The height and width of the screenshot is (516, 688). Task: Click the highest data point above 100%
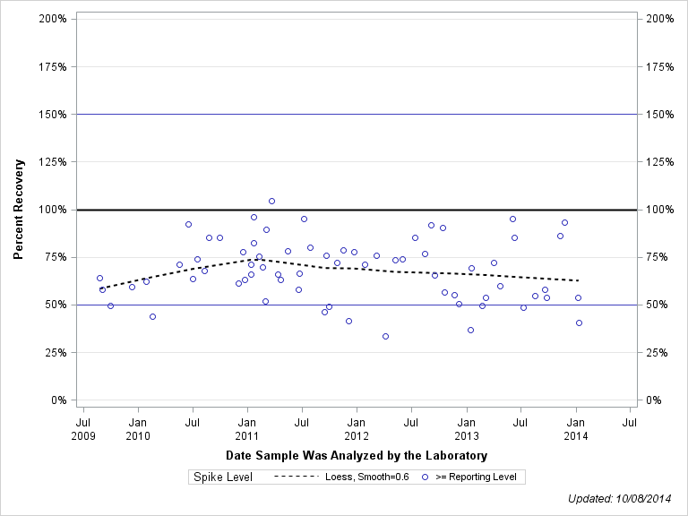(x=271, y=201)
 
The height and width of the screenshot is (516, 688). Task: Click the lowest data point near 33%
(x=385, y=336)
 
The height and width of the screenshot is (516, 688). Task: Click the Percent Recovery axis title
(x=18, y=210)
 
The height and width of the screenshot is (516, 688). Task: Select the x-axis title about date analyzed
(x=357, y=456)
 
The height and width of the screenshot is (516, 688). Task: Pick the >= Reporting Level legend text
(x=476, y=477)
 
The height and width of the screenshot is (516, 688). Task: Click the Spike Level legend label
(x=223, y=477)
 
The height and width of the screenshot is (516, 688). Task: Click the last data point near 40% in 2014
(x=579, y=322)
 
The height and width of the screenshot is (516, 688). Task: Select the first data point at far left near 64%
(x=99, y=278)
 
